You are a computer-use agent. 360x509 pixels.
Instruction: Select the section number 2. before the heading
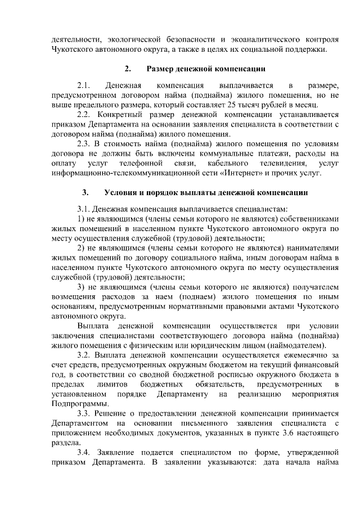pyautogui.click(x=128, y=69)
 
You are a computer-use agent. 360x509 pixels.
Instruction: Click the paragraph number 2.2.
pyautogui.click(x=84, y=115)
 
